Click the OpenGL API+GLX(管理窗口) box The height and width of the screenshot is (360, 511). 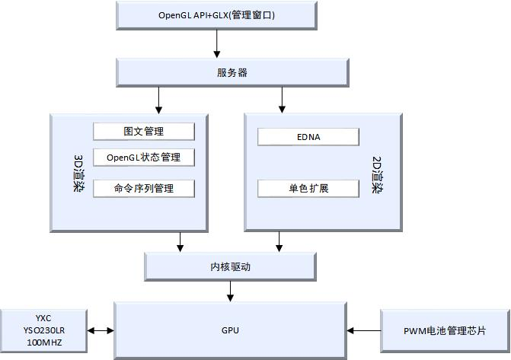click(x=216, y=14)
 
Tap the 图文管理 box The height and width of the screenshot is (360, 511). click(x=144, y=131)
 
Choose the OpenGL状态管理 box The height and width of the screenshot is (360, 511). click(x=144, y=158)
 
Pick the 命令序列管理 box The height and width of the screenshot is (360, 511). click(x=144, y=188)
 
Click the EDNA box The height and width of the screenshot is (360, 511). click(x=308, y=137)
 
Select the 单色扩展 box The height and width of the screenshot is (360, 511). click(x=308, y=188)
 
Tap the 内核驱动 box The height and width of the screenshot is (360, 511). click(x=230, y=267)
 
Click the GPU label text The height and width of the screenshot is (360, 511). click(x=230, y=330)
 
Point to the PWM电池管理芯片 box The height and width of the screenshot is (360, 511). click(x=445, y=331)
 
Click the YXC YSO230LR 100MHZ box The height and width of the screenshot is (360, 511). click(x=44, y=331)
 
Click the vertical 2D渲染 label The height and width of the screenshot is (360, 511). click(x=376, y=174)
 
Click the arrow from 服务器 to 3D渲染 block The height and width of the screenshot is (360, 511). click(x=158, y=100)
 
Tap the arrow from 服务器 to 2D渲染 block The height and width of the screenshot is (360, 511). click(x=282, y=100)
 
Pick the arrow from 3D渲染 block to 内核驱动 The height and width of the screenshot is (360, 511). click(x=180, y=241)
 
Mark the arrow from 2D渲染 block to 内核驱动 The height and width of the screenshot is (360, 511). click(x=279, y=241)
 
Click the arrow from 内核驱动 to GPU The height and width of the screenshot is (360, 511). click(x=230, y=292)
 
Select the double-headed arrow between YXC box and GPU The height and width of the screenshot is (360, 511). click(x=101, y=331)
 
